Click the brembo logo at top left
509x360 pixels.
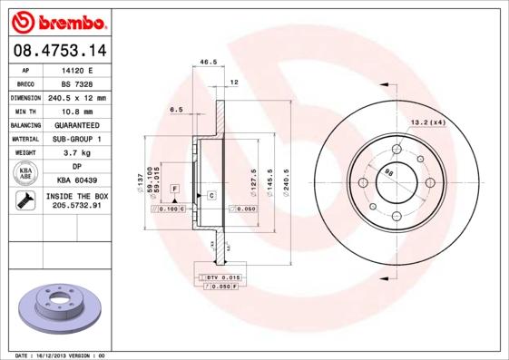56,20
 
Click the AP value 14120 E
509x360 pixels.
77,69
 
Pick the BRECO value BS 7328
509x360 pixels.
77,83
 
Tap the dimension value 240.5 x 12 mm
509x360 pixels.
77,97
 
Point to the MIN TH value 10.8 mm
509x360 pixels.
77,111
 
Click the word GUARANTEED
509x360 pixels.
77,124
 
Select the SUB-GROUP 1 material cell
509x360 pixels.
77,139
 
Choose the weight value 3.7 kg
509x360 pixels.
77,152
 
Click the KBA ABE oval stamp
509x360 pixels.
26,174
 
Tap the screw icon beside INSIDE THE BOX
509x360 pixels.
25,201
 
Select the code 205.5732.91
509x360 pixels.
77,206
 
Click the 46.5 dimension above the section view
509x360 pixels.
208,63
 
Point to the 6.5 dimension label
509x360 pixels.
176,109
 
